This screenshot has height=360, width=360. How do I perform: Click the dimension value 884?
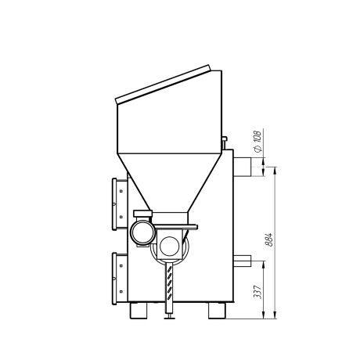(x=268, y=239)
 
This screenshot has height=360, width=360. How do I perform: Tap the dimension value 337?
(x=257, y=292)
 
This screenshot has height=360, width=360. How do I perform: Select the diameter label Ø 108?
(x=257, y=141)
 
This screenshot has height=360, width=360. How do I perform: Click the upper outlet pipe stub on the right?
(x=242, y=167)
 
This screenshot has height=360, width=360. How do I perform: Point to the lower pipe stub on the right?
(x=242, y=261)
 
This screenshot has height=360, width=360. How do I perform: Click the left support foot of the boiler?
(x=139, y=311)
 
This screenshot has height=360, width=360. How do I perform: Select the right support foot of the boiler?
(x=217, y=311)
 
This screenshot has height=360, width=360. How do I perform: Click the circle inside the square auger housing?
(x=170, y=246)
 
